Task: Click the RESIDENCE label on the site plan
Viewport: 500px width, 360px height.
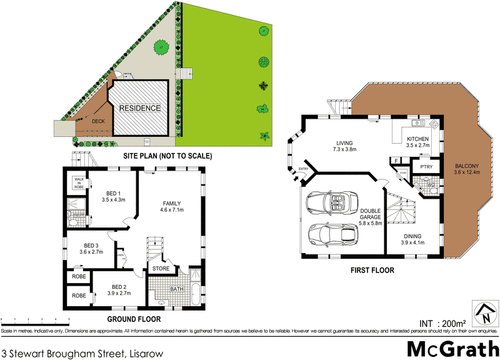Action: coord(140,107)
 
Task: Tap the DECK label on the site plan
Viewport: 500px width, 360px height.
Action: coord(98,122)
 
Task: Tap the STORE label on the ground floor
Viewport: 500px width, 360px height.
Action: coord(161,269)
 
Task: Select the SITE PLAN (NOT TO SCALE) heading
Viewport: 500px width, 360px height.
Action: coord(168,156)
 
